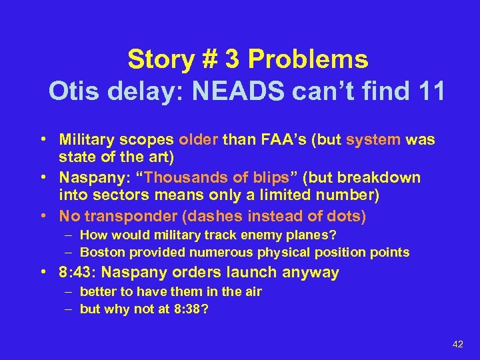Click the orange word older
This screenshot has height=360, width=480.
coord(198,140)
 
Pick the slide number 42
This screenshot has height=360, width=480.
coord(457,344)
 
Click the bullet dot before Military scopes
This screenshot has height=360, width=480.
coord(43,140)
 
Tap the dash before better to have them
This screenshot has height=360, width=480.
coord(70,291)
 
